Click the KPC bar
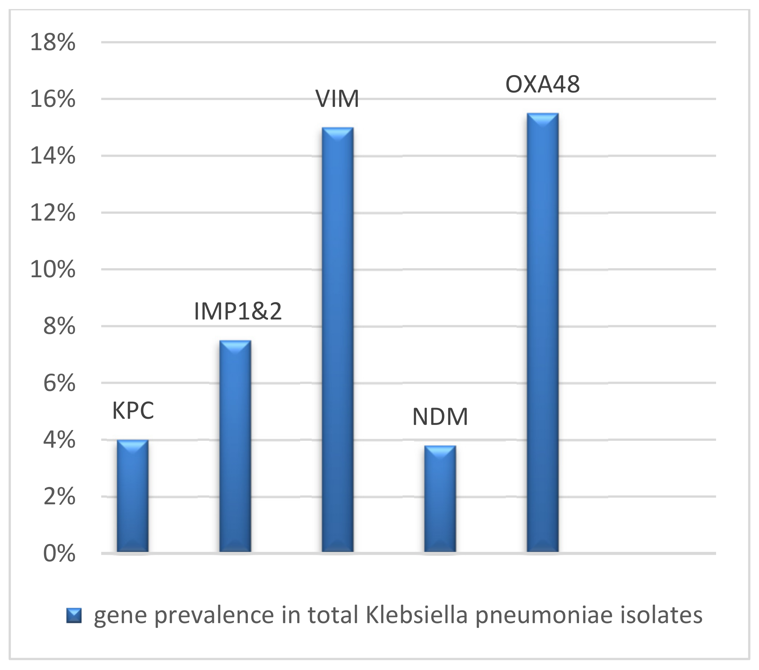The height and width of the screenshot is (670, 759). (132, 496)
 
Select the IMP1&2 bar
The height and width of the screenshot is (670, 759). (235, 446)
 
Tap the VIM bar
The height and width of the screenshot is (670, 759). (338, 340)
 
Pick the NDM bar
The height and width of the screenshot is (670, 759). (440, 499)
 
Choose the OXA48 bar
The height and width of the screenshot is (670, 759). (543, 332)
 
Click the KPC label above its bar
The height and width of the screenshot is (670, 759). (133, 411)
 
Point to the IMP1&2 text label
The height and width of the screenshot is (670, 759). (238, 312)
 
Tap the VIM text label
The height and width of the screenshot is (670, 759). (337, 99)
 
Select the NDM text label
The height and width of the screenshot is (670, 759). (440, 417)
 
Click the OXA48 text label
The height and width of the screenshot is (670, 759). (543, 84)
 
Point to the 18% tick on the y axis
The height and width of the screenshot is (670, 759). (53, 42)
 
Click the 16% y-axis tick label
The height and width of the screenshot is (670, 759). (53, 99)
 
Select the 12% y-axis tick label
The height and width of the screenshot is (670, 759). (53, 213)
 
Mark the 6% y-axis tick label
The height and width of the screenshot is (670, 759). (60, 383)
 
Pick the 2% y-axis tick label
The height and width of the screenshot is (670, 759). (60, 497)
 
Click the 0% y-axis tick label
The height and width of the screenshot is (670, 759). (60, 554)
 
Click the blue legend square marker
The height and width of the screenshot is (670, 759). (74, 616)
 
